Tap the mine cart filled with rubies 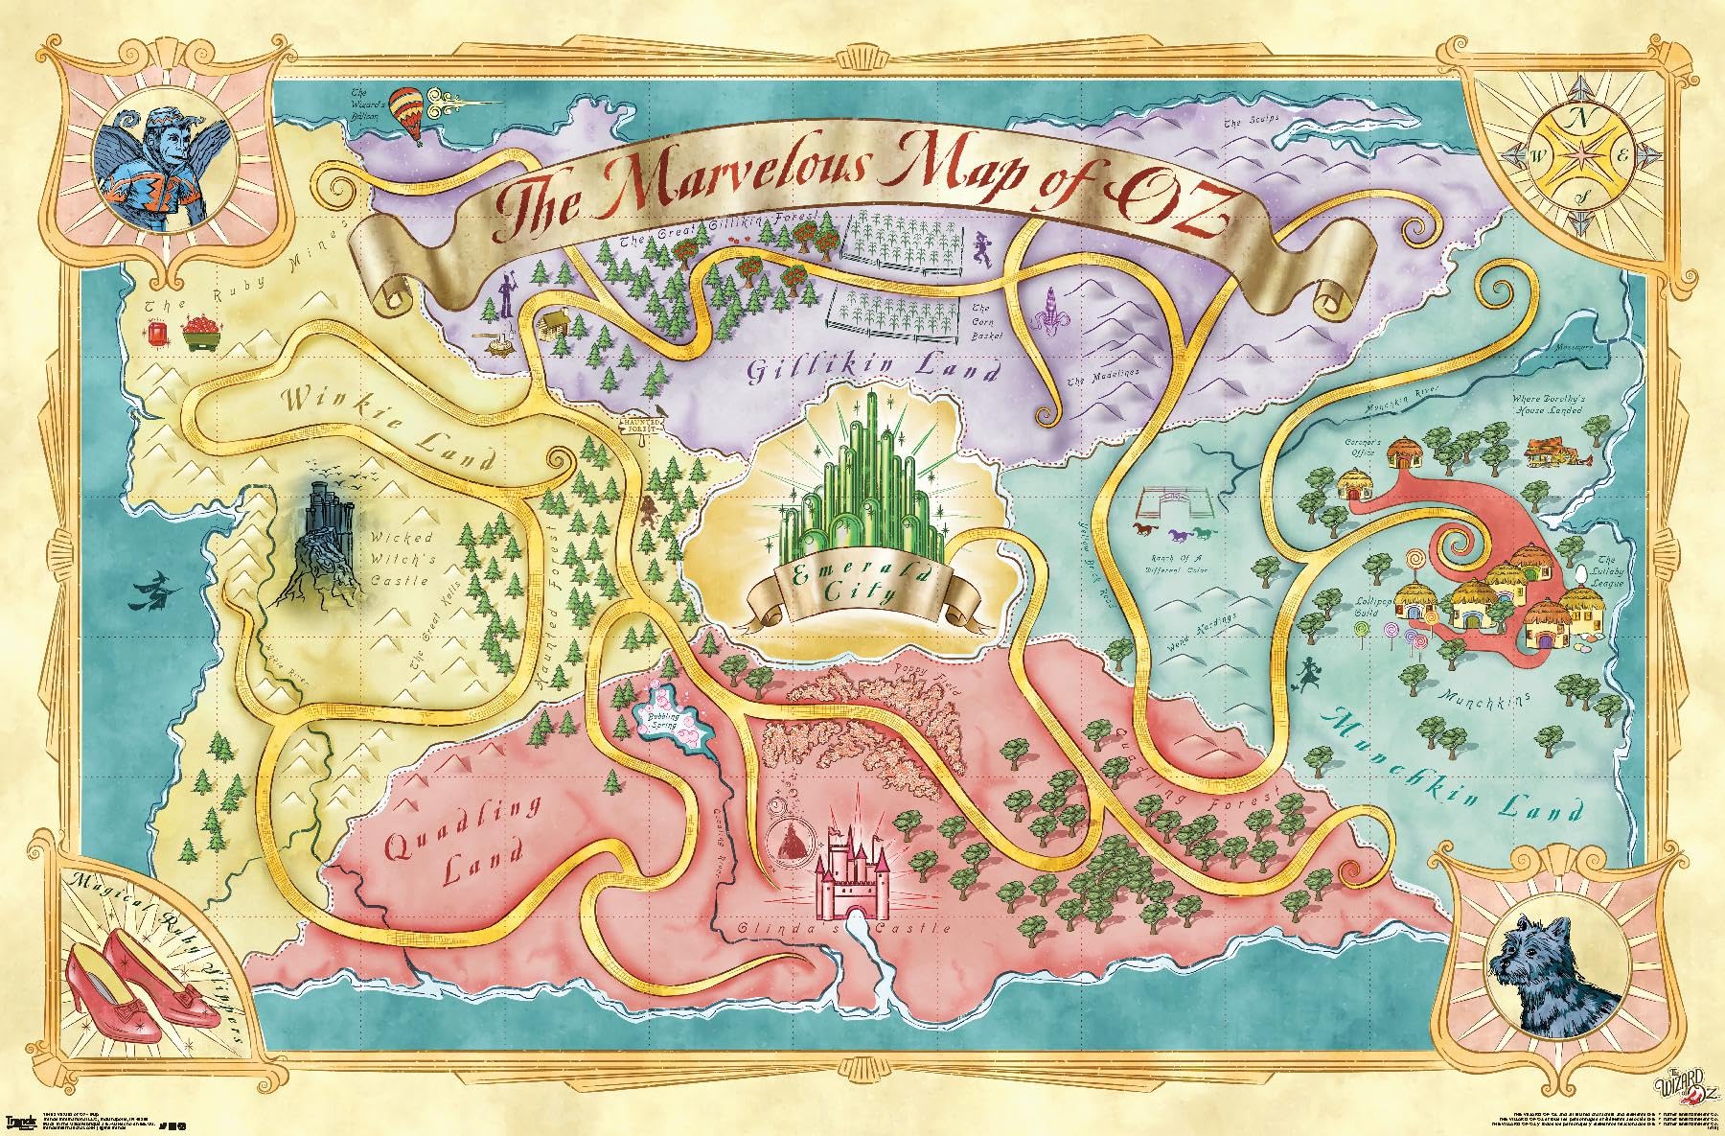tap(202, 334)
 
